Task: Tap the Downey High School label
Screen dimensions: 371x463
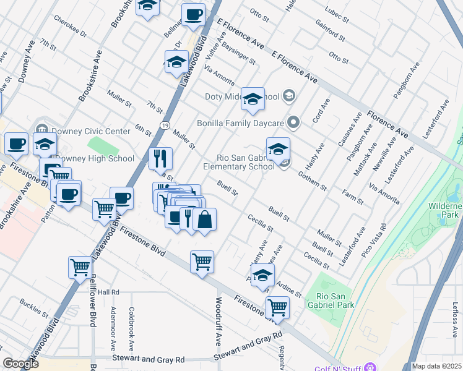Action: click(x=94, y=158)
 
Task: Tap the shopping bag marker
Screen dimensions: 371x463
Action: click(x=204, y=220)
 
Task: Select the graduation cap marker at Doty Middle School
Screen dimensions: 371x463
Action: click(x=253, y=99)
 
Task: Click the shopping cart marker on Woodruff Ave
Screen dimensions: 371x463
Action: click(x=202, y=262)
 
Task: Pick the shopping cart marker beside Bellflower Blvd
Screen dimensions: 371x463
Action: click(x=80, y=268)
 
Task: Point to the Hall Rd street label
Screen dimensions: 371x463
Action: click(x=108, y=292)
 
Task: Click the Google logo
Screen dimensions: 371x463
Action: click(x=20, y=364)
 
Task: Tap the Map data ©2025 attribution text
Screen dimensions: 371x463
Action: click(x=436, y=366)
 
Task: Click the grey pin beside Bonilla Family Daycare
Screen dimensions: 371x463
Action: click(x=293, y=122)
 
